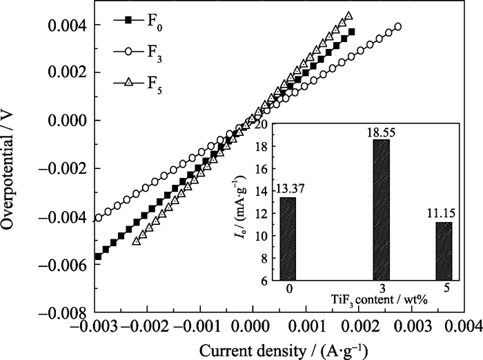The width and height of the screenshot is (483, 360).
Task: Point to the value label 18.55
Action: click(x=382, y=130)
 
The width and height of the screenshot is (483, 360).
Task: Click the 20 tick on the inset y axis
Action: click(x=263, y=125)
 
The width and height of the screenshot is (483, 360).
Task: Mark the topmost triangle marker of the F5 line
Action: click(x=349, y=15)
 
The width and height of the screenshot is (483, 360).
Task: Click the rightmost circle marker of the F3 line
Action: click(x=397, y=27)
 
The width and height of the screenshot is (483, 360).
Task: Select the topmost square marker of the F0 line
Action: click(x=352, y=32)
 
